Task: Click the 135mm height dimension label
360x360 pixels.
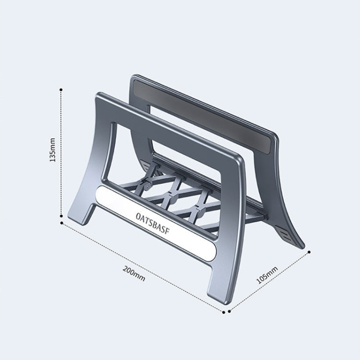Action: tap(53, 150)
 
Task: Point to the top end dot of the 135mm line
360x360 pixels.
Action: tap(61, 89)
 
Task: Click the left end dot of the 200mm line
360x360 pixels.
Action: tap(61, 223)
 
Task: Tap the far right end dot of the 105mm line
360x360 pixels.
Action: tap(310, 251)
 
